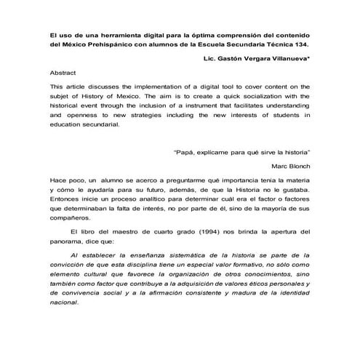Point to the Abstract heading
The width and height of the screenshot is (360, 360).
[x=63, y=74]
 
